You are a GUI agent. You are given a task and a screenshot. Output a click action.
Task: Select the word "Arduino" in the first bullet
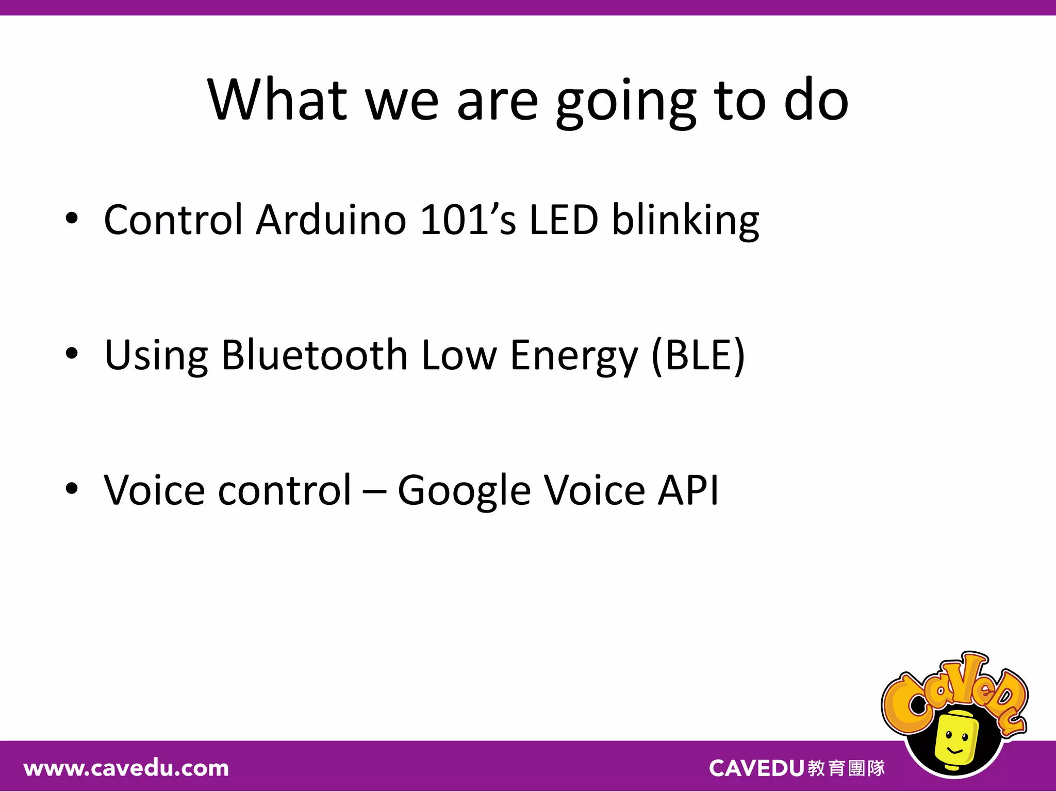tap(331, 220)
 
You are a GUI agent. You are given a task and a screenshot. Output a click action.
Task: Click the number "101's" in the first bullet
tap(467, 220)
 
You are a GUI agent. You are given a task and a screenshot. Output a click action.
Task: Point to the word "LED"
tap(564, 220)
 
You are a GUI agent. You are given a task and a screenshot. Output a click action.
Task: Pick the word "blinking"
tap(685, 222)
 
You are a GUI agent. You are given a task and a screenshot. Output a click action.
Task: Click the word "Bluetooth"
tap(315, 355)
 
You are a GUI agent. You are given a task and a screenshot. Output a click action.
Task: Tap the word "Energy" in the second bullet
tap(574, 357)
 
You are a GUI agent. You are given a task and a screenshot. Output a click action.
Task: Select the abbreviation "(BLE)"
tap(698, 355)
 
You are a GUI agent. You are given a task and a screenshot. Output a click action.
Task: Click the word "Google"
tap(464, 491)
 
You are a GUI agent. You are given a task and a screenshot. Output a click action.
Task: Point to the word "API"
tap(688, 490)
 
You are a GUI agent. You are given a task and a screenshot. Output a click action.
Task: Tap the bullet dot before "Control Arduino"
tap(72, 219)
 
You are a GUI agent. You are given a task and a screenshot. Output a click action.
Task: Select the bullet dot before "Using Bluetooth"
tap(72, 354)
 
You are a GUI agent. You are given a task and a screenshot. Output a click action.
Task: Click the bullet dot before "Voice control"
tap(72, 489)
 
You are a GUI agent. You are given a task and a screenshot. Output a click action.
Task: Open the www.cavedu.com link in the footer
tap(126, 769)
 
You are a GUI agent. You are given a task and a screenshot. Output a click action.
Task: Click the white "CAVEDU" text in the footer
tap(756, 768)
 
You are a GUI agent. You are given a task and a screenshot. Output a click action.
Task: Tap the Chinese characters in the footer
tap(846, 768)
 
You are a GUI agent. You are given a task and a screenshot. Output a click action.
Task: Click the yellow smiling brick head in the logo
tap(955, 740)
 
